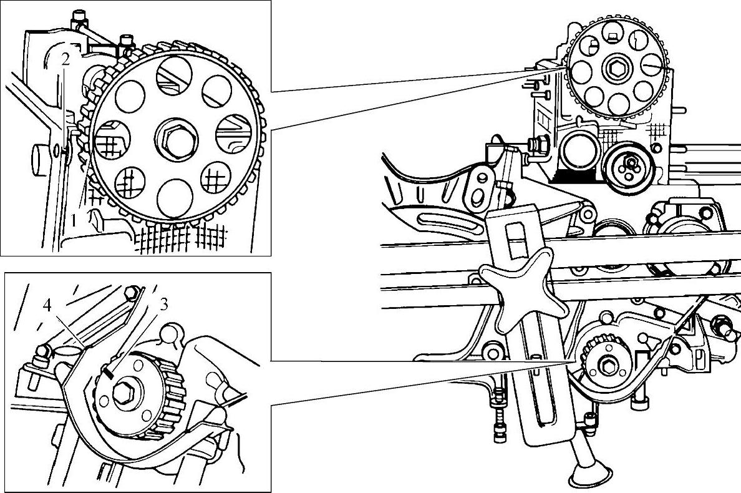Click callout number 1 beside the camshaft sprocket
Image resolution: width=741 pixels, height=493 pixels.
click(x=74, y=219)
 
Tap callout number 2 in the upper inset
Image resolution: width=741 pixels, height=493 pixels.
click(x=64, y=60)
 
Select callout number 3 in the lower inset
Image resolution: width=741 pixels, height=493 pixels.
click(x=164, y=305)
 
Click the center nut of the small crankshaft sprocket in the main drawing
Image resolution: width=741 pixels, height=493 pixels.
click(x=606, y=363)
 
